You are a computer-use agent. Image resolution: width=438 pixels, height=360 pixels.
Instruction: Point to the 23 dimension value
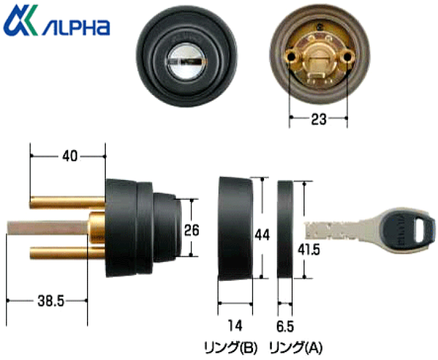[318, 120]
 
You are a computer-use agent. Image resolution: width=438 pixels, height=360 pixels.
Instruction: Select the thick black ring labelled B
[235, 228]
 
